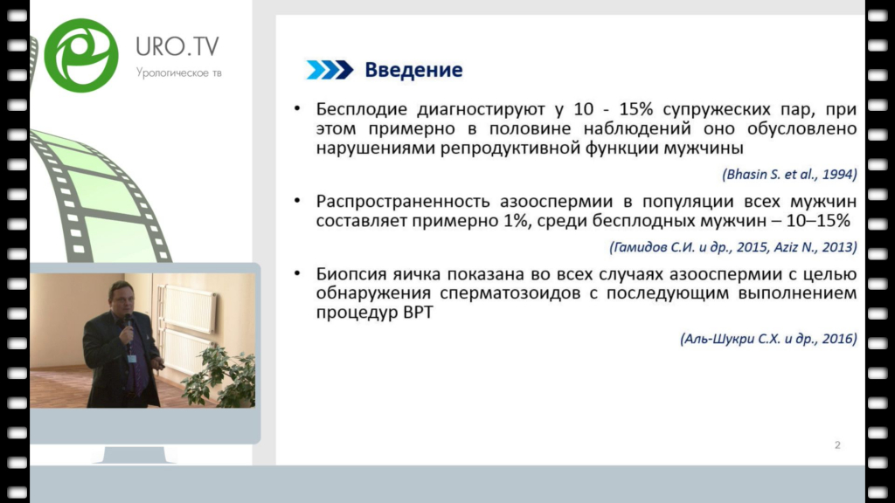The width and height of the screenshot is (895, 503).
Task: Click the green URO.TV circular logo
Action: point(81,55)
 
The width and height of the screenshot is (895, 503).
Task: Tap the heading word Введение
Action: point(413,70)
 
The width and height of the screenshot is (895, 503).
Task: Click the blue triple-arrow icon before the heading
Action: point(330,70)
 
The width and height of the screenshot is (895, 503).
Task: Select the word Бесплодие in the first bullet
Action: point(361,109)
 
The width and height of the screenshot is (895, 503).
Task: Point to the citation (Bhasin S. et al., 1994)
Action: point(789,174)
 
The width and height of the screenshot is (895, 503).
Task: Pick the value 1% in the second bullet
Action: point(516,220)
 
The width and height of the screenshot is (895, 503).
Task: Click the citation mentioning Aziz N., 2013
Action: point(733,247)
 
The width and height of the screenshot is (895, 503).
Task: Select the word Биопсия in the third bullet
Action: point(351,274)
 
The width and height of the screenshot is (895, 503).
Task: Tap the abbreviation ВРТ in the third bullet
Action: point(418,312)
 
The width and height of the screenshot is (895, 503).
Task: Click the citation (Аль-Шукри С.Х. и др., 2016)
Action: point(768,339)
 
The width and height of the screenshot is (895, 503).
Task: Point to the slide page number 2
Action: point(837,444)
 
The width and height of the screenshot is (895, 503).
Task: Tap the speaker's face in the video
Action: point(121,300)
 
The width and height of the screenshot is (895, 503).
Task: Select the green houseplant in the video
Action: point(220,376)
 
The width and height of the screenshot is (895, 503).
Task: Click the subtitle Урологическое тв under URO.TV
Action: point(178,73)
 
